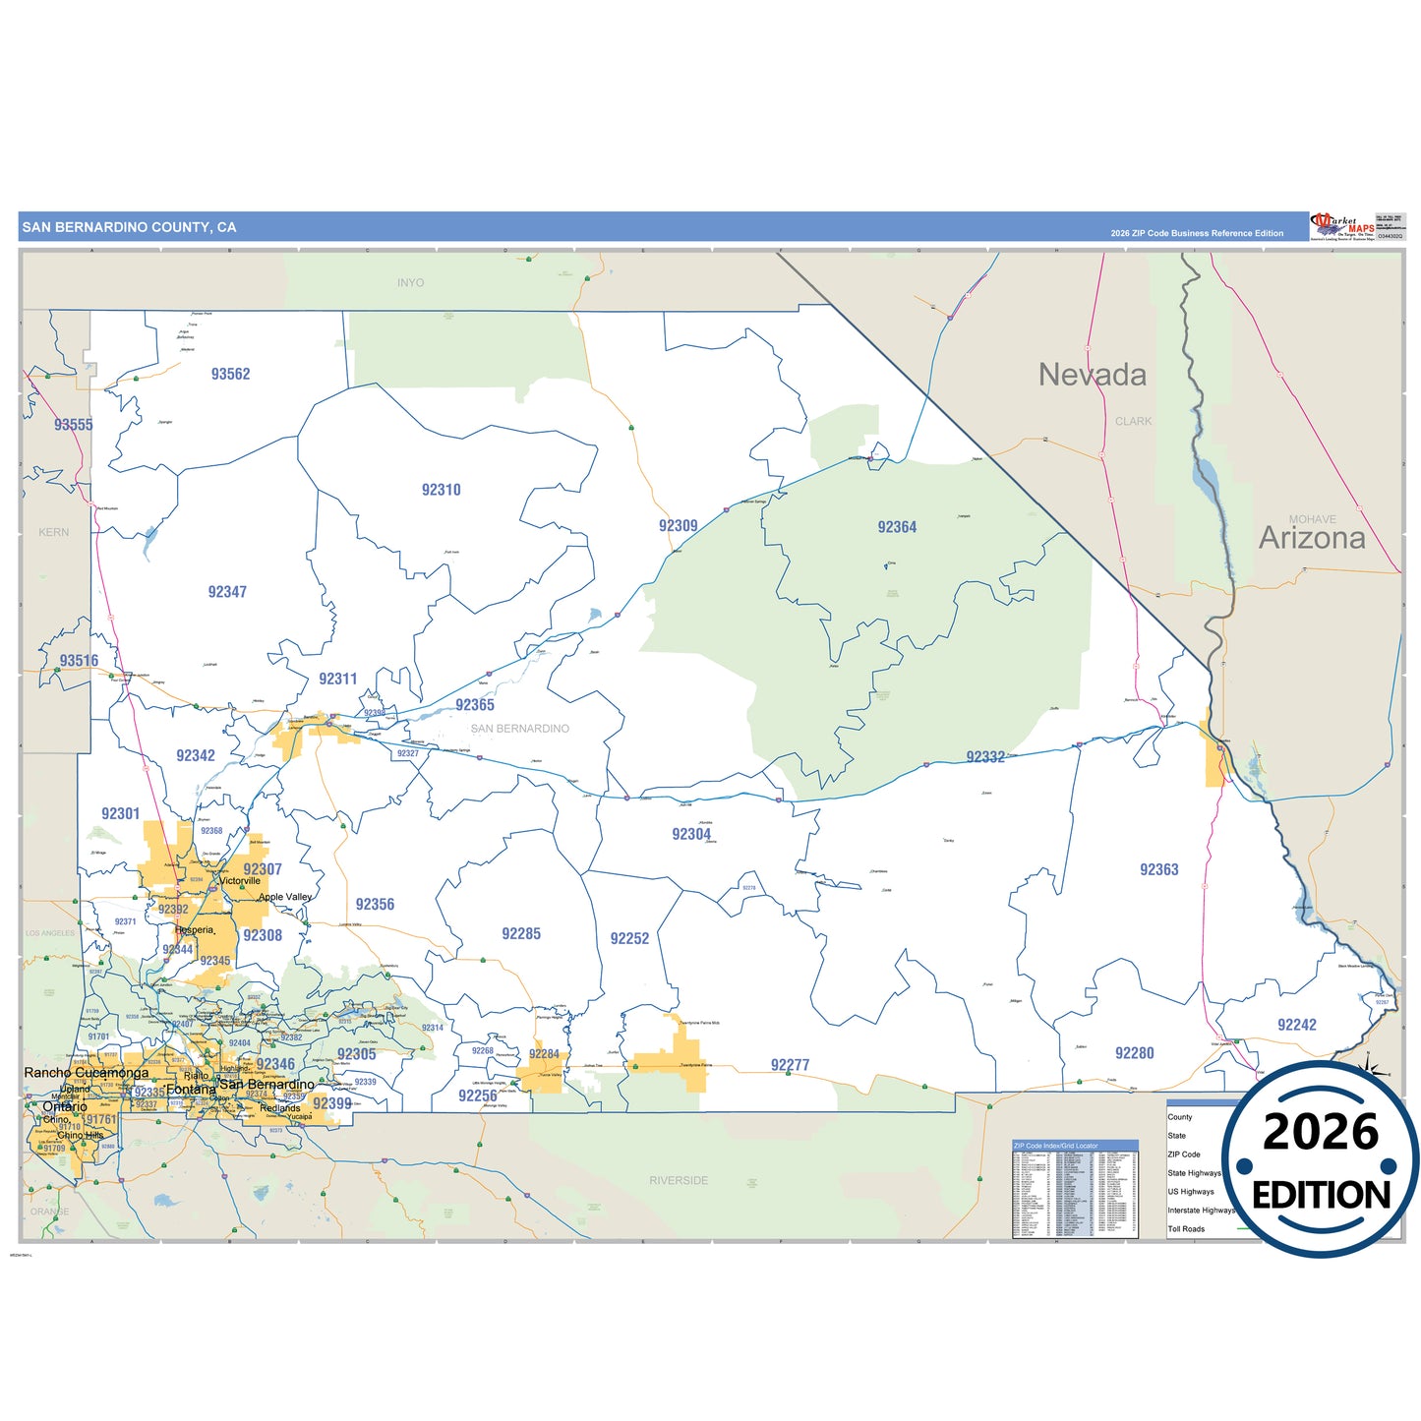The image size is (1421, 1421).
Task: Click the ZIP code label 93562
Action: [x=230, y=374]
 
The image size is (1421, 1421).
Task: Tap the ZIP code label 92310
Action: [x=441, y=490]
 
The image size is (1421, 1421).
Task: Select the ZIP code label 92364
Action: [x=897, y=527]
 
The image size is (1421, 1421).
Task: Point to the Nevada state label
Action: [x=1092, y=375]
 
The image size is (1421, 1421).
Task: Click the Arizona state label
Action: [x=1312, y=538]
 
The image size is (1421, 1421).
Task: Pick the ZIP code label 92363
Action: [x=1158, y=869]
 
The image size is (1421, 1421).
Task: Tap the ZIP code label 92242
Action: [x=1296, y=1025]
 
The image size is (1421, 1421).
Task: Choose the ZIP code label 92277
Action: [x=790, y=1065]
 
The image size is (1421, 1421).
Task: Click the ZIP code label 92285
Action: [x=520, y=934]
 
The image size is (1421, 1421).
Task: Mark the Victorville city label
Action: [x=240, y=881]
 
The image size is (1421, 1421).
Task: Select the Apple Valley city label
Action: [x=285, y=897]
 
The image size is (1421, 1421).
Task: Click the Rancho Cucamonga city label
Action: [x=87, y=1073]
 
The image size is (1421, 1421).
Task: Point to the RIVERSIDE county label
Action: [x=678, y=1180]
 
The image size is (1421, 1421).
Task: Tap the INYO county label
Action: [x=410, y=283]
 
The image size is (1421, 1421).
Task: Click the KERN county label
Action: [x=54, y=532]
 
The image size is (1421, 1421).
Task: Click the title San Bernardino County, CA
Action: [x=129, y=227]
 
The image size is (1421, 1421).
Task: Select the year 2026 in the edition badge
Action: [x=1320, y=1133]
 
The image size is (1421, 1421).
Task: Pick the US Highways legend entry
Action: [x=1190, y=1192]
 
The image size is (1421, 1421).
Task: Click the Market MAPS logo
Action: [x=1342, y=226]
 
